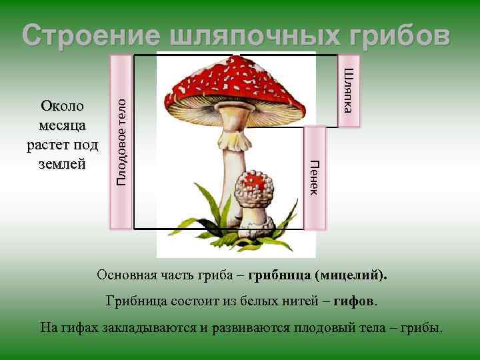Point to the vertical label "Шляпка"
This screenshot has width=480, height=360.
[351, 90]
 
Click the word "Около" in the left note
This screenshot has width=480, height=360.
[62, 107]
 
